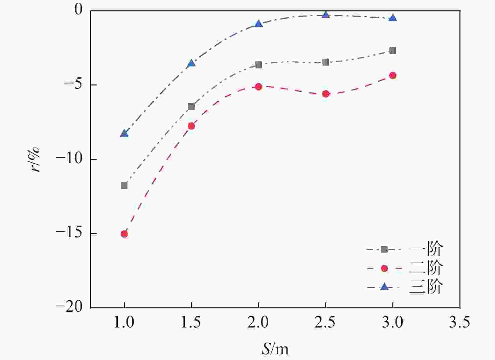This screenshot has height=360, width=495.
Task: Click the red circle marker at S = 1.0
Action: click(x=124, y=234)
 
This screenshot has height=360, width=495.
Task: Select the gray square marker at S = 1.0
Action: click(x=124, y=185)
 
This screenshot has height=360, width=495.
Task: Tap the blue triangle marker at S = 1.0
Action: click(x=124, y=133)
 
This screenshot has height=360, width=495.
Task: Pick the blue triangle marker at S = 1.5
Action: click(x=191, y=63)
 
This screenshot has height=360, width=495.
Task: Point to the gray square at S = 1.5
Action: click(x=191, y=106)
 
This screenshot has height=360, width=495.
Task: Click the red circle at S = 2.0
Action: click(x=259, y=86)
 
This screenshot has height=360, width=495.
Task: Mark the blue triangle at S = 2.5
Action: click(x=326, y=14)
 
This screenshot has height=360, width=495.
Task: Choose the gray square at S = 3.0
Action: click(x=393, y=50)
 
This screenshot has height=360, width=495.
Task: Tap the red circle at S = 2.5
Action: click(x=326, y=94)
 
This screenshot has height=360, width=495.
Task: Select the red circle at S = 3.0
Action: click(x=393, y=75)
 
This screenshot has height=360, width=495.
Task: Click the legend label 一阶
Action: click(x=426, y=249)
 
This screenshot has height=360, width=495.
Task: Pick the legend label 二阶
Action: click(x=426, y=268)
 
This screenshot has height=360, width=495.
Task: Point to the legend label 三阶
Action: click(x=426, y=287)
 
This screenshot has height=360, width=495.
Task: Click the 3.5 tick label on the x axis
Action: click(x=459, y=322)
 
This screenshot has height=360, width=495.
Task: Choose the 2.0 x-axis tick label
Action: click(x=259, y=322)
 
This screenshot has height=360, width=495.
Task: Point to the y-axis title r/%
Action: click(x=35, y=159)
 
